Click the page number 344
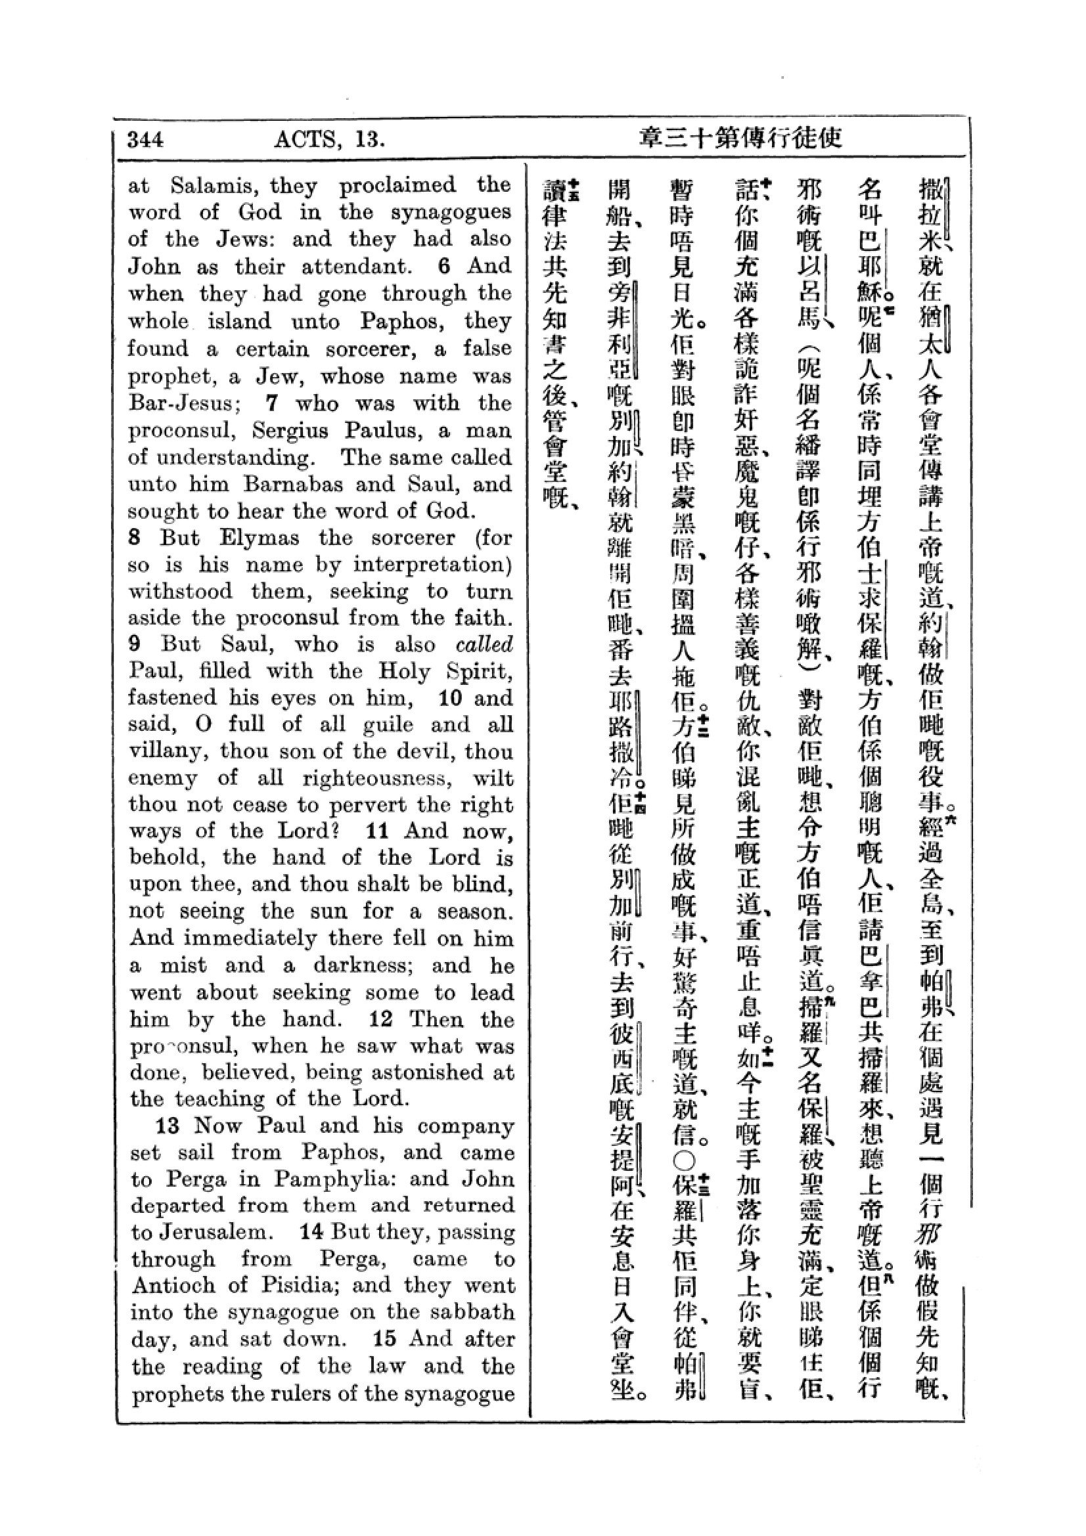pyautogui.click(x=145, y=139)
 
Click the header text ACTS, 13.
pyautogui.click(x=329, y=139)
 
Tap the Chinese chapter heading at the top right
pyautogui.click(x=740, y=139)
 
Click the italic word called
pyautogui.click(x=483, y=644)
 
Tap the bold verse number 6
pyautogui.click(x=445, y=265)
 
